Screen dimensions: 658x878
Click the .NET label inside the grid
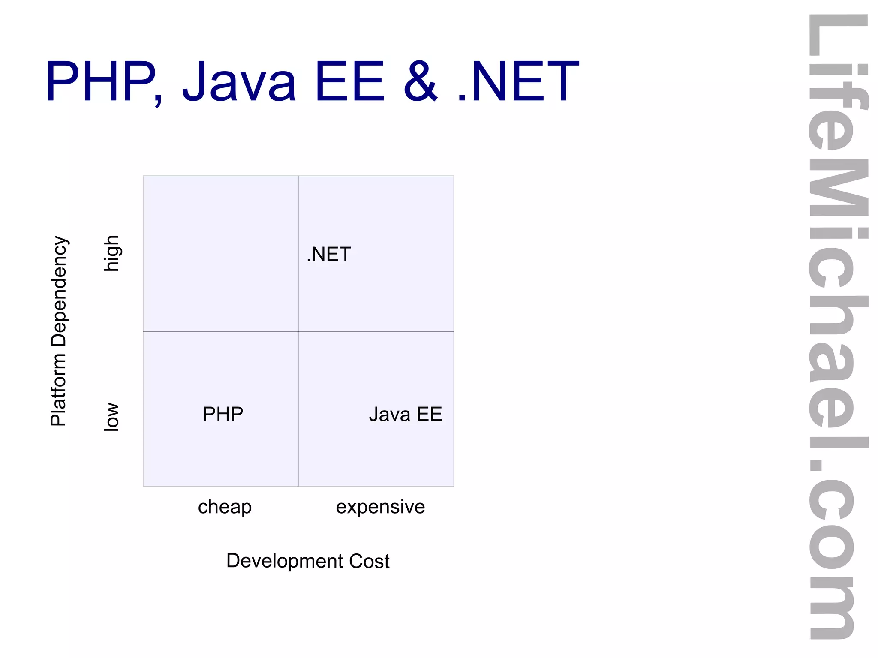329,254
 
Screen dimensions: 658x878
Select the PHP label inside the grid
223,414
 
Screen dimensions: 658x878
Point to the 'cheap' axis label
225,507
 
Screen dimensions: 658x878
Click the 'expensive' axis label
380,507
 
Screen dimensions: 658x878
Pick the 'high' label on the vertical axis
112,253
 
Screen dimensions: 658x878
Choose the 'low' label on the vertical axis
112,416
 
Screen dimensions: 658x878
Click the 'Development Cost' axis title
308,561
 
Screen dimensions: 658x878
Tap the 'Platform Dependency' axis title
59,331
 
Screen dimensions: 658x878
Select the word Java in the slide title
239,81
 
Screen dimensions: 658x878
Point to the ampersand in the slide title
421,81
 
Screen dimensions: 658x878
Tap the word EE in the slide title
350,81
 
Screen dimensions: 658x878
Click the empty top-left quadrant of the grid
220,253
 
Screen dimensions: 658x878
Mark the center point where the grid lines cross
298,331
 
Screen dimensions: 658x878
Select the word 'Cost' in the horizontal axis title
369,561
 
